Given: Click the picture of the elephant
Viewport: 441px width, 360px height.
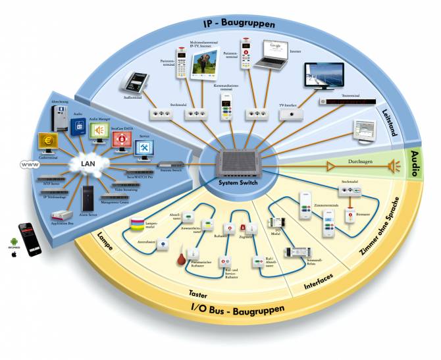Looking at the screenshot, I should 205,65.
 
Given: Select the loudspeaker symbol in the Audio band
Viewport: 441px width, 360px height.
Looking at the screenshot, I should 394,167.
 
